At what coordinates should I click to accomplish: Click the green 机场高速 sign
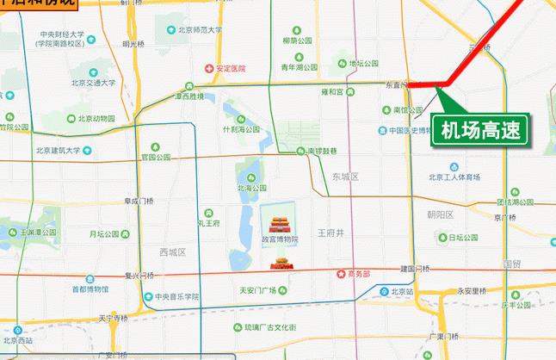(x=481, y=131)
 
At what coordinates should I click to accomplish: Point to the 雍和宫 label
(x=332, y=90)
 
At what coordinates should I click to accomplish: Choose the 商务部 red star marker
(x=342, y=274)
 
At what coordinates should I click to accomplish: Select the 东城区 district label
(x=343, y=176)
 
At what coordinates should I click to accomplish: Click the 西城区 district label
(x=172, y=251)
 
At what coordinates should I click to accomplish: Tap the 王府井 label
(x=330, y=233)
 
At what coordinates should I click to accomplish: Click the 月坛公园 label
(x=103, y=233)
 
